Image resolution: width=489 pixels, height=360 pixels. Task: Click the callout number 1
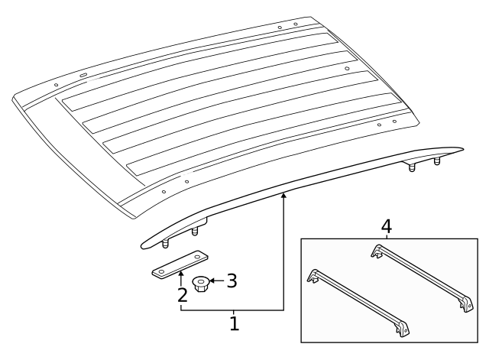pos(235,323)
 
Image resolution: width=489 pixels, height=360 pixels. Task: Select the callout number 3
pos(231,281)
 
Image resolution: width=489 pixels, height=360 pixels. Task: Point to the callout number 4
pos(387,227)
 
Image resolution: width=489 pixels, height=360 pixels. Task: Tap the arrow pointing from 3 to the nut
pos(216,281)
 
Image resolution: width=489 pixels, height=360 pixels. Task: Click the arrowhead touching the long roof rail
pos(283,197)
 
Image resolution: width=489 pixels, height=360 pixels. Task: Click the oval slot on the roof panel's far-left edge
pos(82,76)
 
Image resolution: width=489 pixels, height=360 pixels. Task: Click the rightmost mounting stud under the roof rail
pos(438,163)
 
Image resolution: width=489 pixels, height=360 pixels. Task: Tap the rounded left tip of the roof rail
pos(143,245)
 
